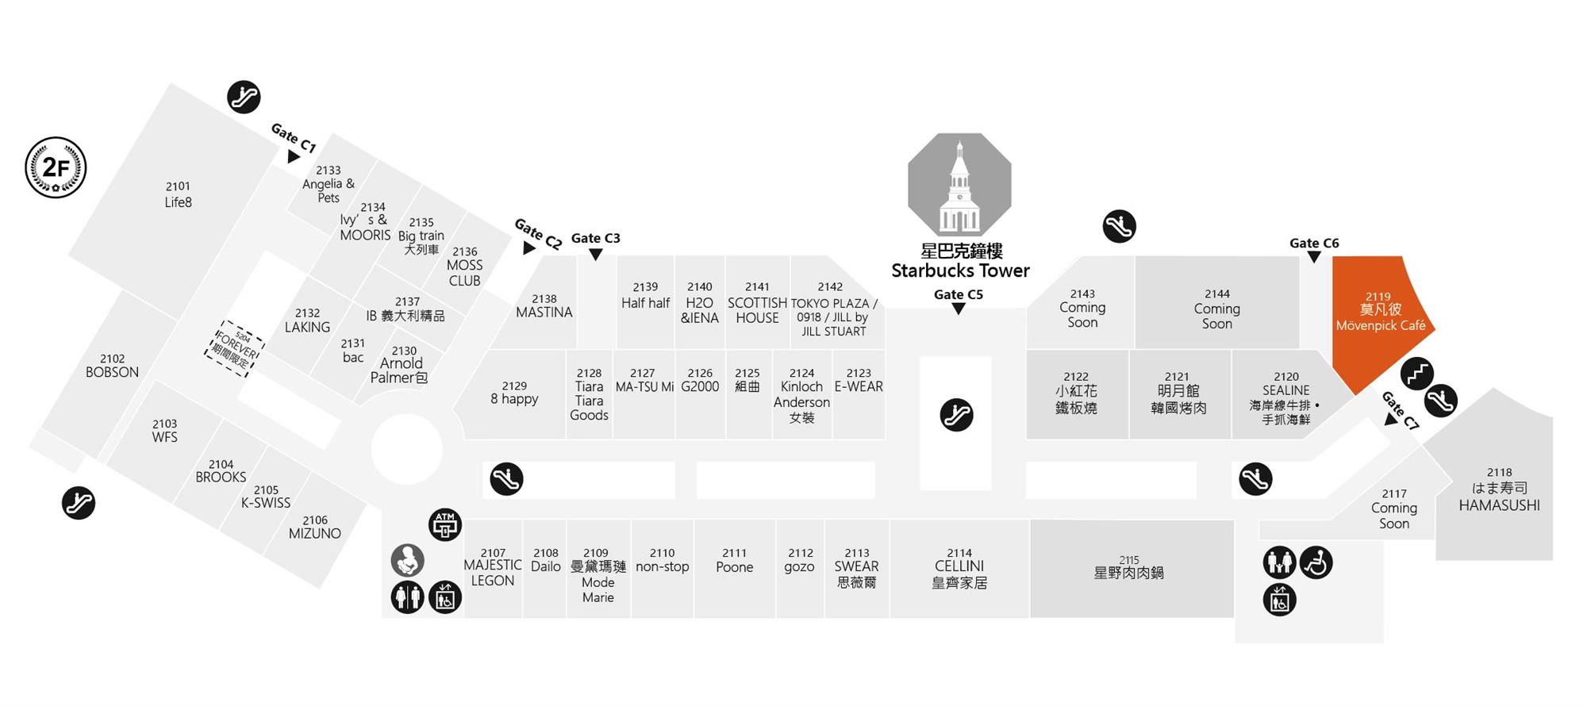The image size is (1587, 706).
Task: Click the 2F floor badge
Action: coord(56,167)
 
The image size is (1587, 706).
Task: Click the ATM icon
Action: coord(445,525)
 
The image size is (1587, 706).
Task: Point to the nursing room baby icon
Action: coord(408,561)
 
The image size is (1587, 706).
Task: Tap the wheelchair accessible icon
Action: coord(1316,563)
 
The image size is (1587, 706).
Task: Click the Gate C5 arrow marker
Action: coord(959,309)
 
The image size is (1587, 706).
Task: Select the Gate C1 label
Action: coord(294,137)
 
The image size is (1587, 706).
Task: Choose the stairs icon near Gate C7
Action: coord(1417,374)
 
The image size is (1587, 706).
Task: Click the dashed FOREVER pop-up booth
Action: coord(235,348)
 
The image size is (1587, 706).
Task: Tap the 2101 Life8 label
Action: coord(178,194)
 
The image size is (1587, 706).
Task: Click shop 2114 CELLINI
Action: coord(959,569)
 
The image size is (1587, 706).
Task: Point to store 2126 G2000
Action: coord(700,381)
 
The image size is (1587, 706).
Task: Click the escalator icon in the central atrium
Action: coord(956,415)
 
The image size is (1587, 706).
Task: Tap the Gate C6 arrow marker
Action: coord(1314,257)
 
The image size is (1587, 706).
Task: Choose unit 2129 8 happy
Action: coord(514,393)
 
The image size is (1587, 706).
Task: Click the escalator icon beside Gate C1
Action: coord(244,97)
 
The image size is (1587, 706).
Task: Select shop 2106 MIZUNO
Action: coord(315,528)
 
